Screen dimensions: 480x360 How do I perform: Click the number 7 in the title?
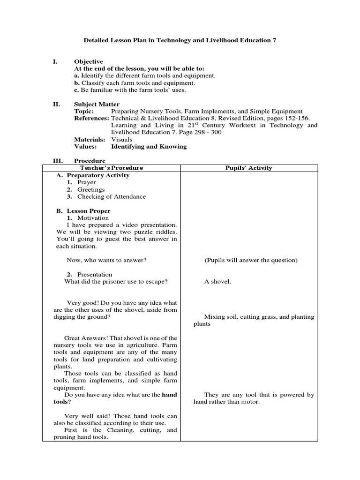coord(274,40)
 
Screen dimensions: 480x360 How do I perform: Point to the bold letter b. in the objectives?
coord(77,83)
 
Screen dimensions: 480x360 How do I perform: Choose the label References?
coord(91,118)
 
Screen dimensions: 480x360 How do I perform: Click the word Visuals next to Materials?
coord(121,139)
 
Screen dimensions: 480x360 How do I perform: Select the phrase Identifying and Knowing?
coord(149,146)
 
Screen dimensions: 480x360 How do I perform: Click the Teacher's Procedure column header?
coord(111,168)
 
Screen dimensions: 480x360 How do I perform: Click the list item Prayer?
coord(86,182)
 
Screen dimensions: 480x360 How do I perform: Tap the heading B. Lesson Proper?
coord(83,211)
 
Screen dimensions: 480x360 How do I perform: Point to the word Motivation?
coord(93,218)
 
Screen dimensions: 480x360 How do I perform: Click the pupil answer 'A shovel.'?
coord(217,281)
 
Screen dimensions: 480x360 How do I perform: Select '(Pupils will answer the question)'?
coord(251,260)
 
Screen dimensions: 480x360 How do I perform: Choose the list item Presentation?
coord(95,274)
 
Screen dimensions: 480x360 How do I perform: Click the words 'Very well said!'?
coord(87,416)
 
